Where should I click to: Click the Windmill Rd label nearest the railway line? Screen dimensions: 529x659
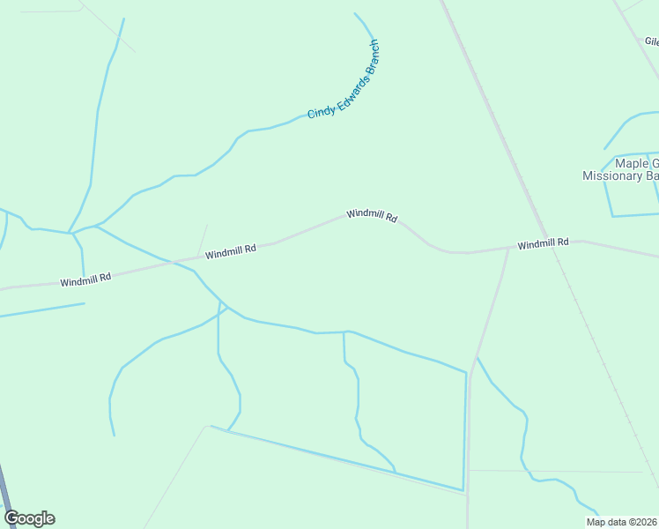click(x=543, y=243)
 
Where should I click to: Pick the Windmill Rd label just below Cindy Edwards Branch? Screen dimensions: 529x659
click(x=372, y=215)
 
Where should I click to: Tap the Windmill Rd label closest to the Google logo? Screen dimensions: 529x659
click(x=85, y=279)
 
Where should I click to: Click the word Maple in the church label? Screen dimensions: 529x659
click(x=631, y=163)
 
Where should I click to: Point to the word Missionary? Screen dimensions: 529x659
click(x=613, y=175)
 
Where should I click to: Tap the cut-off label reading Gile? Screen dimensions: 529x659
click(x=651, y=41)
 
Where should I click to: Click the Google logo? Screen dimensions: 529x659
click(x=29, y=518)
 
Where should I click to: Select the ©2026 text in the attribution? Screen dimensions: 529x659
click(x=643, y=522)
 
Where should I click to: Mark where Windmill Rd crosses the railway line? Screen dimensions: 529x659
click(x=555, y=242)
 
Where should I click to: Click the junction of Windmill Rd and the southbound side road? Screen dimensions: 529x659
click(x=508, y=249)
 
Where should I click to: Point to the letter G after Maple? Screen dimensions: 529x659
click(x=653, y=163)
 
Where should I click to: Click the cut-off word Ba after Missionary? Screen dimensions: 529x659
click(x=653, y=175)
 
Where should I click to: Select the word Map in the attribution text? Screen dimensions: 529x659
click(x=596, y=522)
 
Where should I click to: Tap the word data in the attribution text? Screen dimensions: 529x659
click(x=618, y=522)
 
